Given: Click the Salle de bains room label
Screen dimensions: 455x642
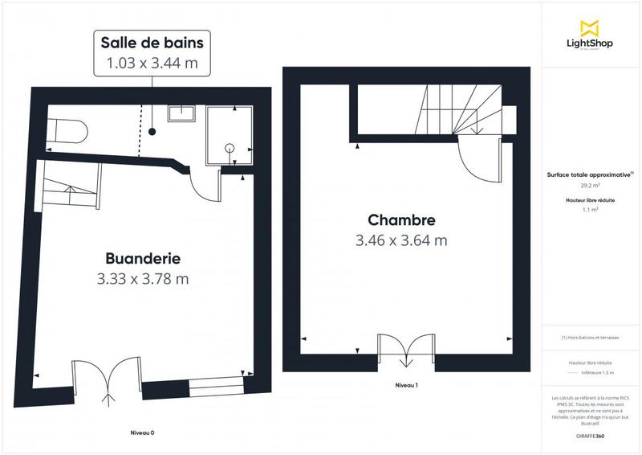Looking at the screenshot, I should click(144, 42).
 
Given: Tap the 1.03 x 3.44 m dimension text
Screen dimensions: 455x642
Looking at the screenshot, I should click(144, 62).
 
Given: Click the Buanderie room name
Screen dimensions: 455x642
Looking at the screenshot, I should click(143, 259).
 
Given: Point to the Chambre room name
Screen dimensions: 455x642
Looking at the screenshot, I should click(401, 219).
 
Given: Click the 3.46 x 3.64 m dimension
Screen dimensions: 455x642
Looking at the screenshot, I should click(401, 240).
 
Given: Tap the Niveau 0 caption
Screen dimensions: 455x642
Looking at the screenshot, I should click(142, 433).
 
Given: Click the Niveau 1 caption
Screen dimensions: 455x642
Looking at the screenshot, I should click(407, 386).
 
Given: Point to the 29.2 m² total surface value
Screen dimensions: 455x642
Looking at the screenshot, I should click(590, 186).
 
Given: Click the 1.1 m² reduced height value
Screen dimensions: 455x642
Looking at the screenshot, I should click(590, 209).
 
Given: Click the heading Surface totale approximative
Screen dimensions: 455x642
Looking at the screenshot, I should click(589, 174).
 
